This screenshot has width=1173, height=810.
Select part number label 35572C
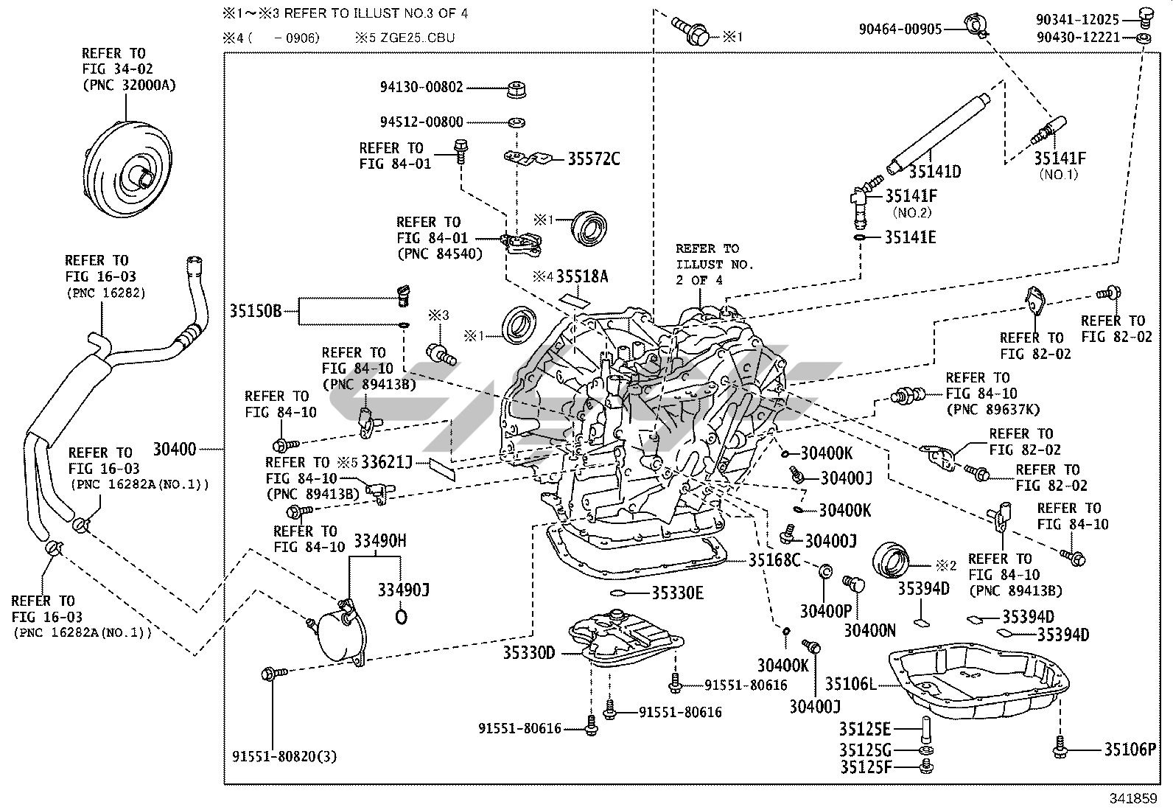593,158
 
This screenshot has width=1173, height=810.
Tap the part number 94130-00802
421,88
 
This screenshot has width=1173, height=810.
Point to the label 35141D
934,172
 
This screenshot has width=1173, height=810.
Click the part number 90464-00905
900,29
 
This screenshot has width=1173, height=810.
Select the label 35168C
774,560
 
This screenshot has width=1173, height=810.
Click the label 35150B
255,310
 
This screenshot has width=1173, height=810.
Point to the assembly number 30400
175,449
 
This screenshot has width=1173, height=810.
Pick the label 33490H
380,542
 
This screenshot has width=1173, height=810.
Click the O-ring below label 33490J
402,616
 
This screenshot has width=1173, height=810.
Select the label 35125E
864,730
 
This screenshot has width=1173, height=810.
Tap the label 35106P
1130,750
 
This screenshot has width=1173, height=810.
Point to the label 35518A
582,276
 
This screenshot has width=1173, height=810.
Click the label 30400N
869,630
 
